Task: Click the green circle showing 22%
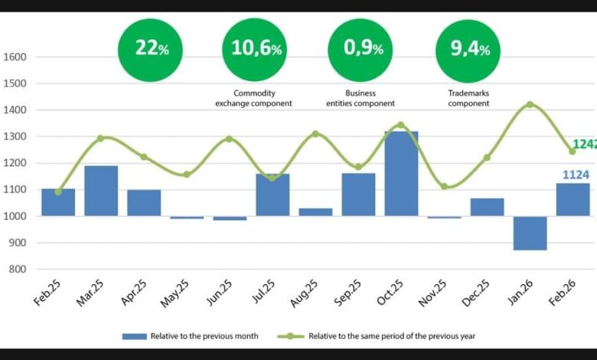coord(149,49)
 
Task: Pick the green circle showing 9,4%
coord(468,49)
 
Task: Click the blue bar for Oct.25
coord(401,174)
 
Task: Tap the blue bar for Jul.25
coord(272,195)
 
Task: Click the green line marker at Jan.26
coord(530,104)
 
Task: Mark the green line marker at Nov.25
coord(444,186)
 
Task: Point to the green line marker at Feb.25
coord(58,191)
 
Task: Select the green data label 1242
coord(585,143)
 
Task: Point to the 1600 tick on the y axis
coord(15,57)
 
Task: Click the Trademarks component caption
coord(468,98)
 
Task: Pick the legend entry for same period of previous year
coord(390,335)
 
